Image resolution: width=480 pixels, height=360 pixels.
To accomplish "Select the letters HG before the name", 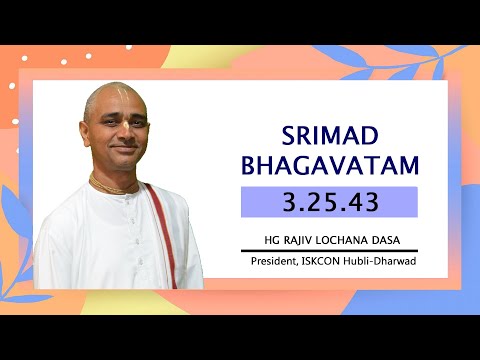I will (267, 241).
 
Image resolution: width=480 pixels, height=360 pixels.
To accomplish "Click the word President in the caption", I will (275, 262).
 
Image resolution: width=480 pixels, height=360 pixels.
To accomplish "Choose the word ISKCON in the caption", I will (324, 262).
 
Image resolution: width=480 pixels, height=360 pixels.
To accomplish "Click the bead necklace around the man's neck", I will (113, 185).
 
